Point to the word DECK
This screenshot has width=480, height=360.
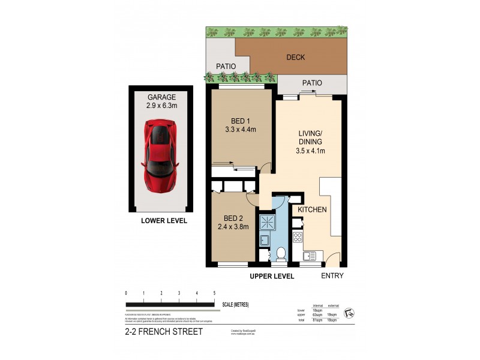pyautogui.click(x=296, y=58)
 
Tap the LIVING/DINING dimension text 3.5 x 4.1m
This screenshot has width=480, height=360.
pyautogui.click(x=311, y=151)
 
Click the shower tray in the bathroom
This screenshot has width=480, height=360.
pyautogui.click(x=266, y=223)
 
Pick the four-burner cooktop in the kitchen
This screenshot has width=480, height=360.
pyautogui.click(x=297, y=236)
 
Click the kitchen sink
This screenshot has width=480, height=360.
pyautogui.click(x=310, y=256)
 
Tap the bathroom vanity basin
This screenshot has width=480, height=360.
pyautogui.click(x=264, y=241)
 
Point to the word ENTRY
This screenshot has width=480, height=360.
pyautogui.click(x=333, y=276)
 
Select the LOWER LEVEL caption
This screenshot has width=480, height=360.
pyautogui.click(x=164, y=221)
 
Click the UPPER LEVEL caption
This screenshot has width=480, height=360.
pyautogui.click(x=272, y=276)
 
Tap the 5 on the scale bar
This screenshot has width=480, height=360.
pyautogui.click(x=215, y=293)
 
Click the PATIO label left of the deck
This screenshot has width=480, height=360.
pyautogui.click(x=221, y=65)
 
